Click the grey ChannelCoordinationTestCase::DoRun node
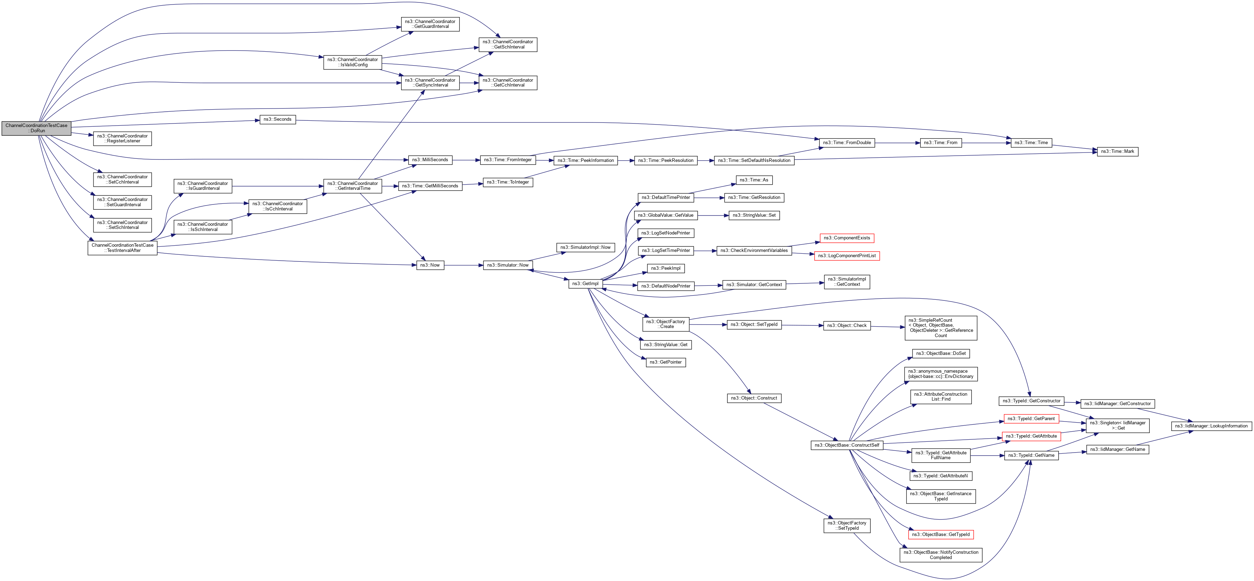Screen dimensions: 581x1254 (37, 128)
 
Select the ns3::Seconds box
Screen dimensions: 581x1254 (277, 119)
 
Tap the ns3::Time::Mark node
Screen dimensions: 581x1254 (1117, 151)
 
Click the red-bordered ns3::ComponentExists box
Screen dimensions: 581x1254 (847, 238)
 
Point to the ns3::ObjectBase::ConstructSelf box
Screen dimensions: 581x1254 (847, 445)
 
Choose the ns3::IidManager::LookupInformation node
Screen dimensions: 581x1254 (1211, 426)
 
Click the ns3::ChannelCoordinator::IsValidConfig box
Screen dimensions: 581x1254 (352, 62)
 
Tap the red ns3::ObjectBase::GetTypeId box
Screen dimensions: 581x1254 (940, 535)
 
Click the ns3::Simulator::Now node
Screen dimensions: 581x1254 (508, 266)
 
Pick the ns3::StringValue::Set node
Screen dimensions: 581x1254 (754, 215)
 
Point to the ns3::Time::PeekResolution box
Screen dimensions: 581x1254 (666, 161)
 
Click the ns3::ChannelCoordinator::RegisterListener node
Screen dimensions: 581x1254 (122, 139)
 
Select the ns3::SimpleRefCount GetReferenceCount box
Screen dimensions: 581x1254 (940, 328)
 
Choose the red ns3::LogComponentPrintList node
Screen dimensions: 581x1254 (847, 256)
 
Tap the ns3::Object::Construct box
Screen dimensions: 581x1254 (753, 398)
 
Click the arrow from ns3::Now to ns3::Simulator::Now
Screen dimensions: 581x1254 (464, 266)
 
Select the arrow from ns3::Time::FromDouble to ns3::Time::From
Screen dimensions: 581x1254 (897, 143)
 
